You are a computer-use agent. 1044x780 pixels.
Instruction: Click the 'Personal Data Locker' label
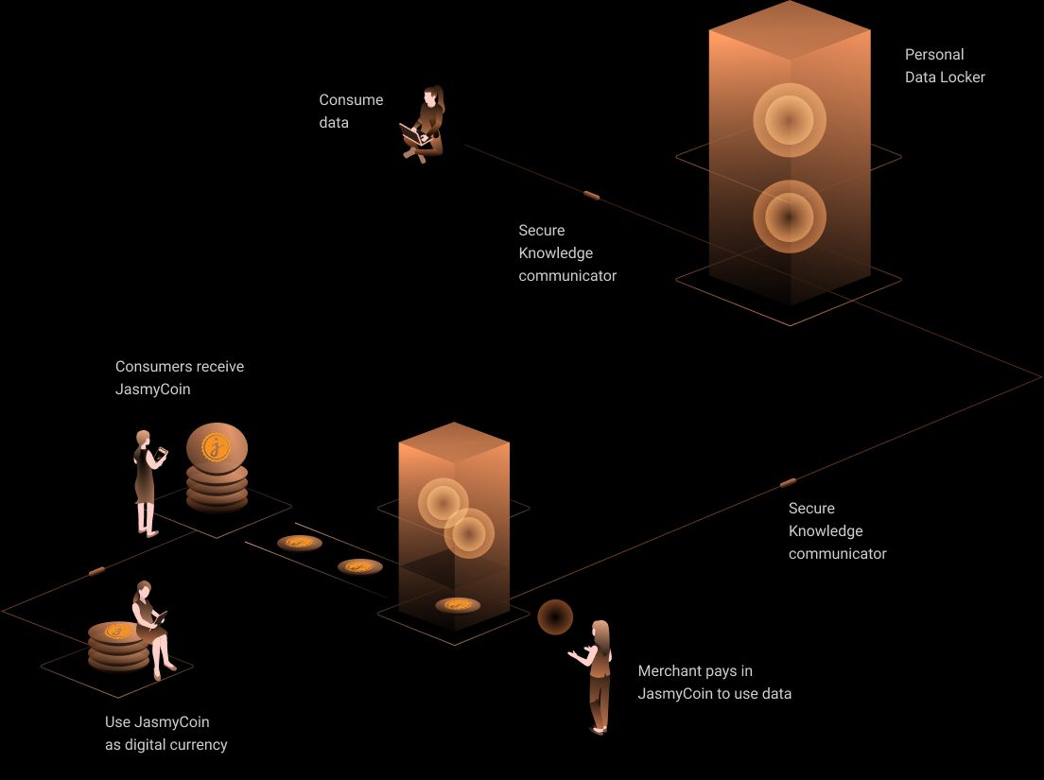tap(945, 66)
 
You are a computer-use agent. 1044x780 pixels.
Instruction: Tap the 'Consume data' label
tap(351, 111)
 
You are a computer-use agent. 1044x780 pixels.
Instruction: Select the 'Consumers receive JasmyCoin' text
tap(179, 377)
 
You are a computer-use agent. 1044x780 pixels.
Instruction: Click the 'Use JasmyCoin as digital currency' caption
tap(165, 733)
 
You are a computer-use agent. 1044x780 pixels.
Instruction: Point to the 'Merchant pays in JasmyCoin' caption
tap(714, 683)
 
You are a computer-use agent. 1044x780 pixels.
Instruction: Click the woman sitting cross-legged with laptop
tap(425, 125)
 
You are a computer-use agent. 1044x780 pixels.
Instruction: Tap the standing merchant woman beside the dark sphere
tap(597, 675)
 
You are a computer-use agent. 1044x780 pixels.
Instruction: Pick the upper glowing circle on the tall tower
tap(789, 120)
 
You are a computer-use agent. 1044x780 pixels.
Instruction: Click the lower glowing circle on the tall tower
tap(789, 217)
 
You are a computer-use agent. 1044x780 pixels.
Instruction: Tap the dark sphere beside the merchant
tap(555, 616)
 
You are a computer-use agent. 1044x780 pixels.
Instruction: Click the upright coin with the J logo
tap(217, 445)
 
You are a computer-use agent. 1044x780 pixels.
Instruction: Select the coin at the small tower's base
tap(458, 605)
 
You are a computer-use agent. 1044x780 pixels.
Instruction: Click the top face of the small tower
tap(455, 441)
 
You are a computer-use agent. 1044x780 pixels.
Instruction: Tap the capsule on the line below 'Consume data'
tap(591, 195)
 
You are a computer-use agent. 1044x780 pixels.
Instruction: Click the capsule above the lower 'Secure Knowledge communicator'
tap(788, 483)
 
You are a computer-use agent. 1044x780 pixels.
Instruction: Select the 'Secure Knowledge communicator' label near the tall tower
tap(567, 252)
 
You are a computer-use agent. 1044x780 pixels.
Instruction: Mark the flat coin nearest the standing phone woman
tap(300, 543)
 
